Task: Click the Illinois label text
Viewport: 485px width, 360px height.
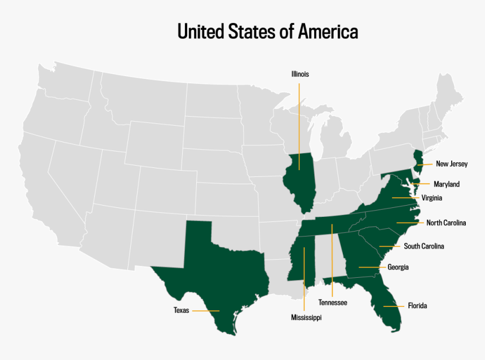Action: point(300,74)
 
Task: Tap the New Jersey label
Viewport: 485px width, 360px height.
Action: point(452,164)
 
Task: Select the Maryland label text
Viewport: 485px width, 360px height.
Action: point(446,184)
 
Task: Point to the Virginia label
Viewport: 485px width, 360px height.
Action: point(431,198)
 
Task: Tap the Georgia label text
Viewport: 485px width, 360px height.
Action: point(398,267)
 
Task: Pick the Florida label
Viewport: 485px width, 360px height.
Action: point(417,306)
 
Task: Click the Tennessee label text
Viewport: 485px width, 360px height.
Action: point(333,303)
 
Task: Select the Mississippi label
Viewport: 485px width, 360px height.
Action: point(306,318)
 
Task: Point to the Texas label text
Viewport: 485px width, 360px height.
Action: point(182,310)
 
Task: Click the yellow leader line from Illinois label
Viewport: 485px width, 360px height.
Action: point(299,124)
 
